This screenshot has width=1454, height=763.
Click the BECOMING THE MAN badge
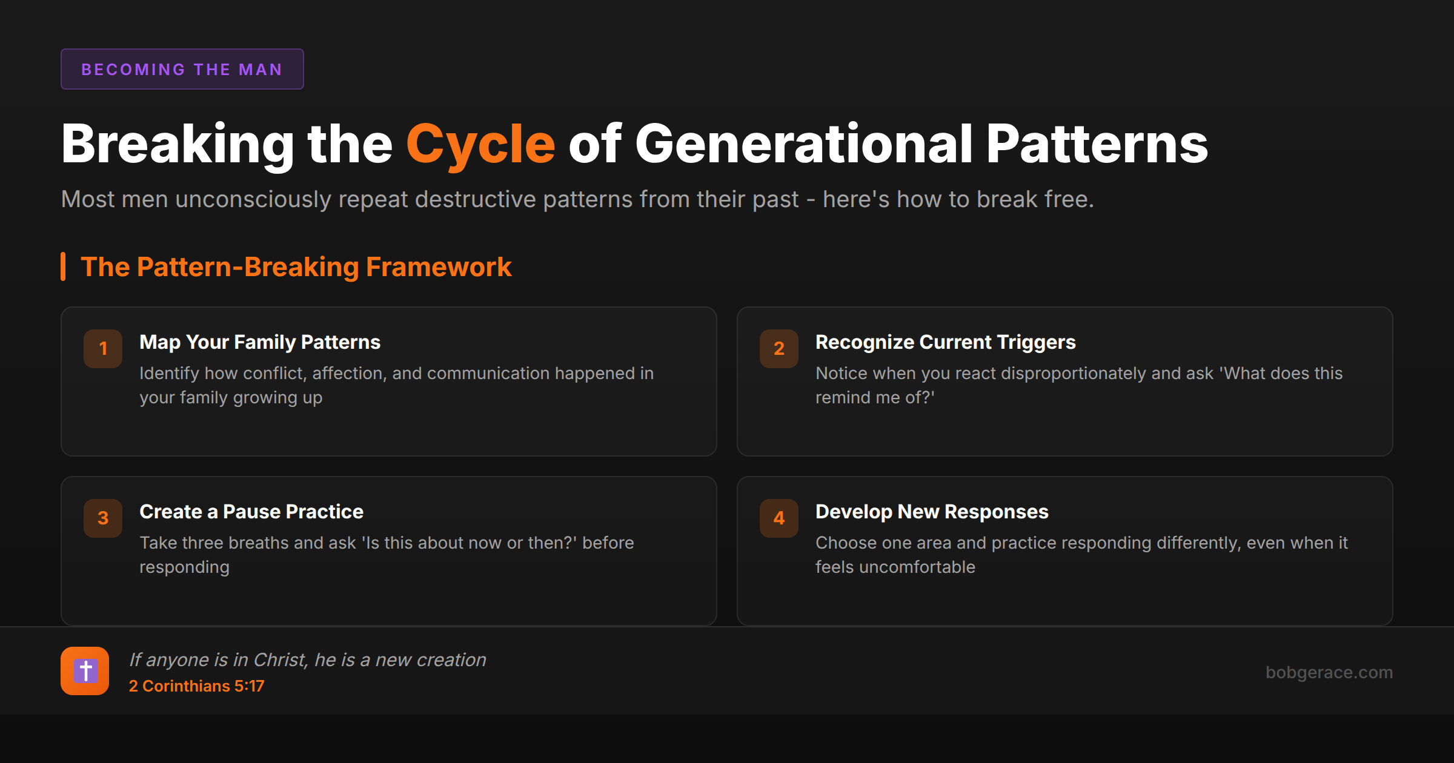click(x=182, y=69)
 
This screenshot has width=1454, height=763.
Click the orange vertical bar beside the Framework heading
click(x=63, y=266)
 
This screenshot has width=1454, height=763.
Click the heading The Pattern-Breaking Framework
click(x=296, y=266)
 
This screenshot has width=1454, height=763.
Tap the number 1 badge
click(x=103, y=348)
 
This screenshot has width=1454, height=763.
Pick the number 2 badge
click(x=779, y=348)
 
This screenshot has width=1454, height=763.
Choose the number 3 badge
click(x=103, y=518)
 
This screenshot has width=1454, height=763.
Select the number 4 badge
click(x=779, y=518)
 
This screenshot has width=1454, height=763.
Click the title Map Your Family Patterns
click(x=260, y=342)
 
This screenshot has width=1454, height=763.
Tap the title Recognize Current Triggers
click(x=945, y=342)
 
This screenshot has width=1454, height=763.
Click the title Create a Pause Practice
click(x=251, y=512)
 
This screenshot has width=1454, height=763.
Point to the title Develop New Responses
click(x=932, y=512)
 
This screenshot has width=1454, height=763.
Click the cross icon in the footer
click(x=85, y=671)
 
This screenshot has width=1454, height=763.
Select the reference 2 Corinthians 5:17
click(x=196, y=686)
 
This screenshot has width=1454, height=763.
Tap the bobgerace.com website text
click(x=1329, y=672)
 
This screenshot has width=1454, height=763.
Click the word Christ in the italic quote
click(x=280, y=659)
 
